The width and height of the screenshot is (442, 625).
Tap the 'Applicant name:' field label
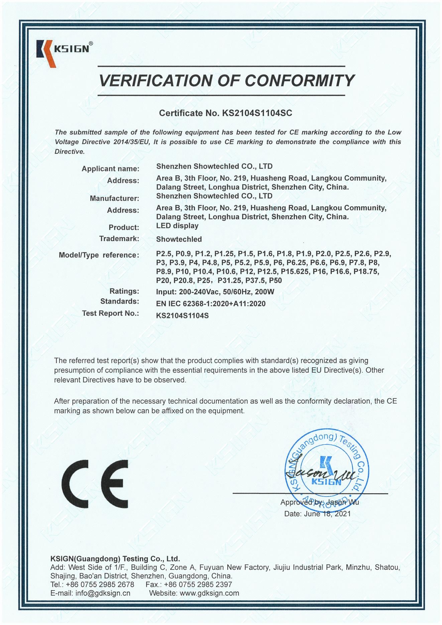110,169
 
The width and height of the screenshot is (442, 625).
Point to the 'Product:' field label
124,227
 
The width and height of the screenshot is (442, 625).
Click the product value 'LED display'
177,226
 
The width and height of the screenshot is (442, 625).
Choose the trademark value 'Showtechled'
179,239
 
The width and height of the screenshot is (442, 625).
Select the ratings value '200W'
264,292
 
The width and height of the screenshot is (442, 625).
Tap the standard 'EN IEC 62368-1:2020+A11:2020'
211,304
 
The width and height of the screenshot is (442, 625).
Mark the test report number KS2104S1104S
182,315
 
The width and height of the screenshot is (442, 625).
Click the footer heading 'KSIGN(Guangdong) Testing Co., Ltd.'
115,558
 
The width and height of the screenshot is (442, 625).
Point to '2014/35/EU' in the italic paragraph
133,142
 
